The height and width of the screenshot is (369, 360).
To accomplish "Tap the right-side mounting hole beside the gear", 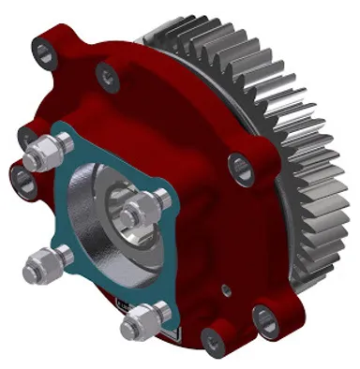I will [241, 169].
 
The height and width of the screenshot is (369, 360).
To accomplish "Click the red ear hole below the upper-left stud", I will [21, 174].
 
